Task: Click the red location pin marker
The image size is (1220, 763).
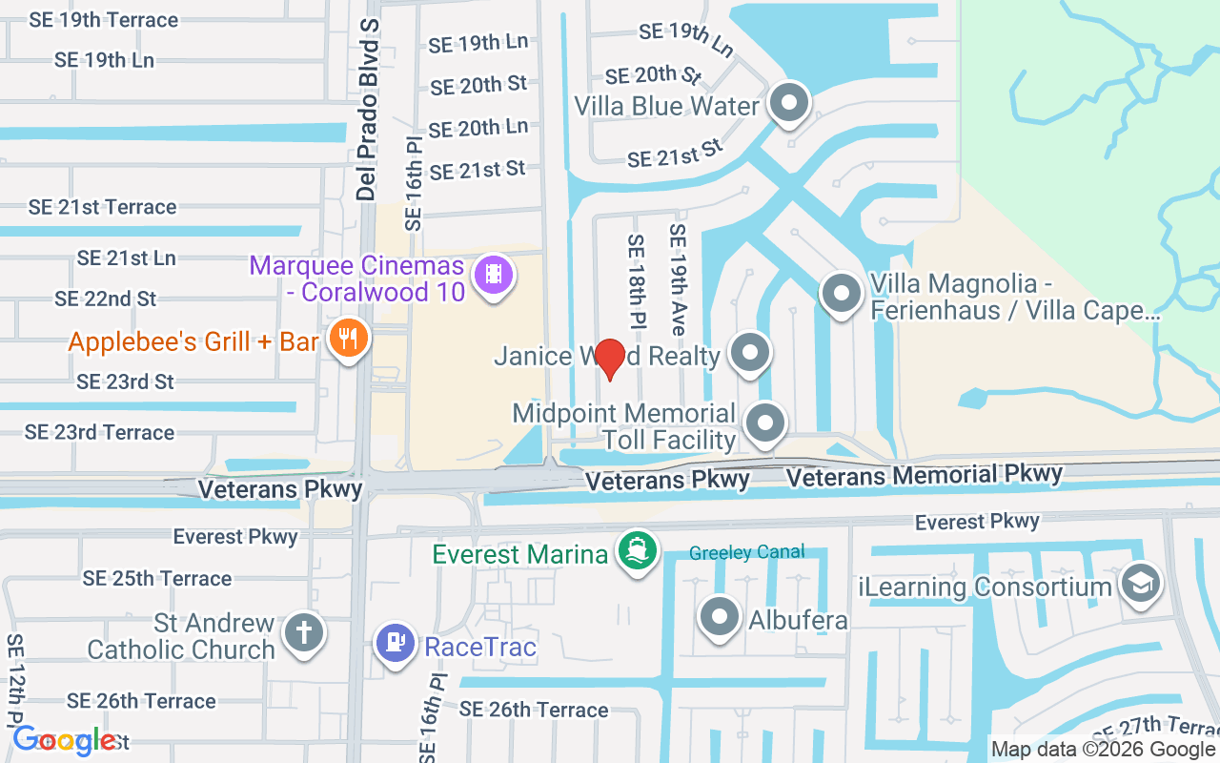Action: tap(609, 359)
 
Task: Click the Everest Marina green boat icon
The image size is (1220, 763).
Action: tap(637, 550)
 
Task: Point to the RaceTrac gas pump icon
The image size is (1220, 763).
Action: tap(395, 642)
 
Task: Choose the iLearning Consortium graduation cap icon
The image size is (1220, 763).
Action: tap(1139, 583)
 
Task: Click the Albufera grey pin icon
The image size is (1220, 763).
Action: tap(720, 617)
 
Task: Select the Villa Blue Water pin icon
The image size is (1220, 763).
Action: tap(788, 103)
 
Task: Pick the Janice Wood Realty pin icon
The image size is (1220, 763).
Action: tap(750, 353)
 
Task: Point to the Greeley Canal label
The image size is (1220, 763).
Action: tap(747, 552)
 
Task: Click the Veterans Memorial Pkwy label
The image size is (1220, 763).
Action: tap(923, 474)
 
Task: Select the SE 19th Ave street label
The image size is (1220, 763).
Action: tap(678, 278)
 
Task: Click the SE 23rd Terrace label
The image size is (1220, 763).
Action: tap(100, 432)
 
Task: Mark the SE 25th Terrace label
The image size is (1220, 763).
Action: tap(157, 579)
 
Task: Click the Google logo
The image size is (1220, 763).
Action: tap(65, 739)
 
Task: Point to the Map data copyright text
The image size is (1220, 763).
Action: tap(1103, 750)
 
